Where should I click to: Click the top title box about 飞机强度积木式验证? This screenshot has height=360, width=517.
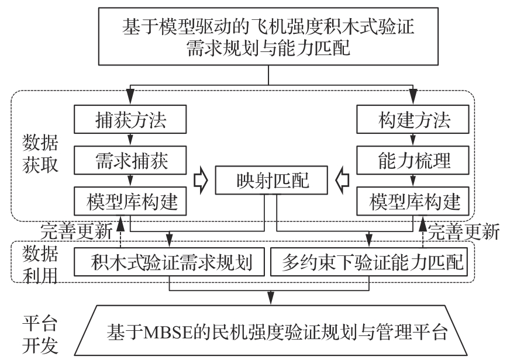(268, 37)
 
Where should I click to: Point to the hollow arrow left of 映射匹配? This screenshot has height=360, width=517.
(200, 181)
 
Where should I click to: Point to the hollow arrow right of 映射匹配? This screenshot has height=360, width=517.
(343, 181)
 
